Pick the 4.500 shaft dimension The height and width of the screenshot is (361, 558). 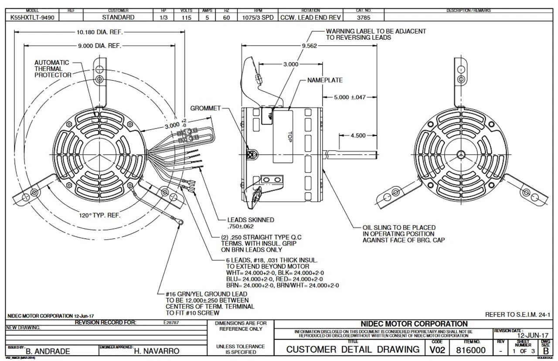pyautogui.click(x=358, y=135)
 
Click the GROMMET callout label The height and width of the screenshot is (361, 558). pyautogui.click(x=205, y=108)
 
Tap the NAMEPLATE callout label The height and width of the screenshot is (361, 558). pyautogui.click(x=325, y=80)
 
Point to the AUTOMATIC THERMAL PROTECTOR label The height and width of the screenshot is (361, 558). pyautogui.click(x=52, y=69)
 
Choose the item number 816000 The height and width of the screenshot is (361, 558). pyautogui.click(x=471, y=350)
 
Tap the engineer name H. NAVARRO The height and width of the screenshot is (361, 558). pyautogui.click(x=157, y=351)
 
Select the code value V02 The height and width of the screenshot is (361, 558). pyautogui.click(x=439, y=350)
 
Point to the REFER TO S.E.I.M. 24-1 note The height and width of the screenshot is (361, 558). pyautogui.click(x=517, y=314)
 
